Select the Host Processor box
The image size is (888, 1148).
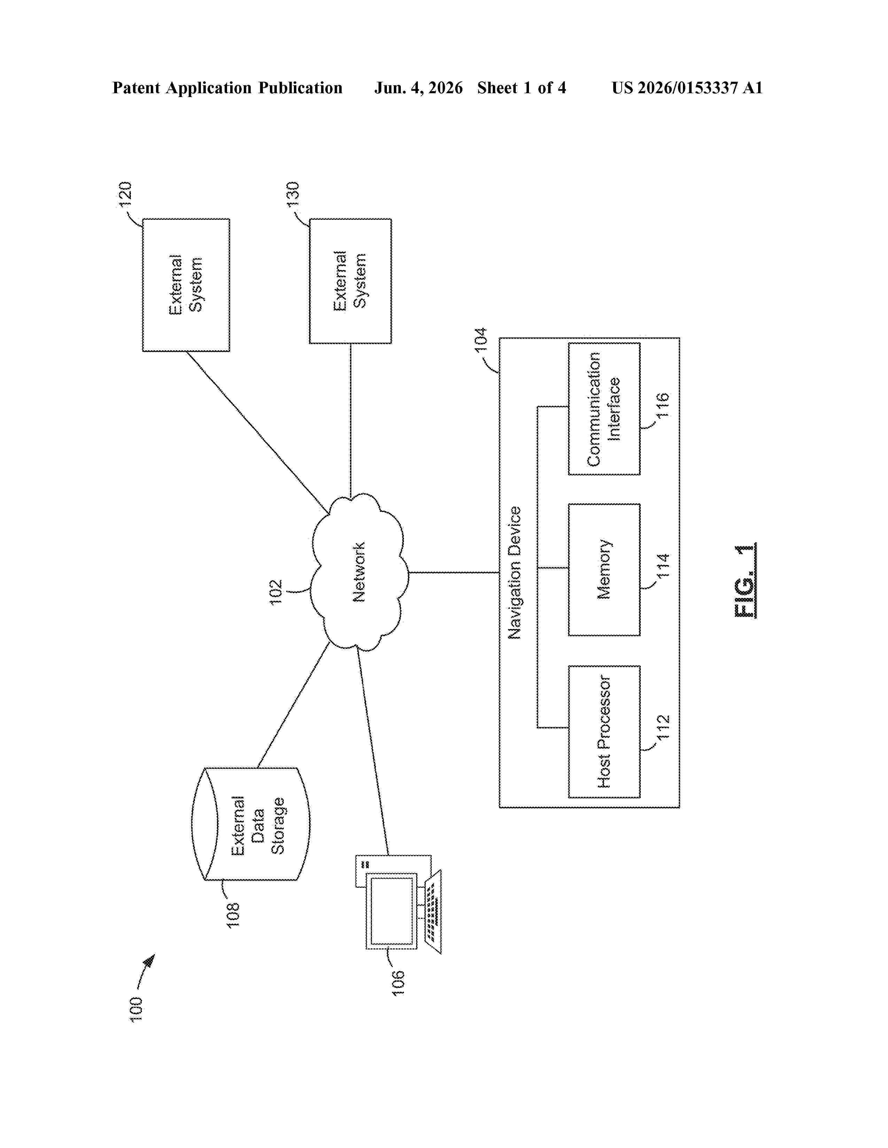coord(604,732)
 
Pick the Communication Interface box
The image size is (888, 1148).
coord(604,409)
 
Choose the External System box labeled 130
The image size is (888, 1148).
coord(350,281)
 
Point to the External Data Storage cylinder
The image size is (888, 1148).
coord(250,824)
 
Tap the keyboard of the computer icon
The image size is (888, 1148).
coord(433,912)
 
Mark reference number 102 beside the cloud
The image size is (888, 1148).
coord(276,592)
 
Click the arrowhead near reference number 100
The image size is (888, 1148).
coord(150,961)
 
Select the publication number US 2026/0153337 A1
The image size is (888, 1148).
coord(687,88)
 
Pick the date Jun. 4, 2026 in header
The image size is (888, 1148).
coord(419,88)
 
